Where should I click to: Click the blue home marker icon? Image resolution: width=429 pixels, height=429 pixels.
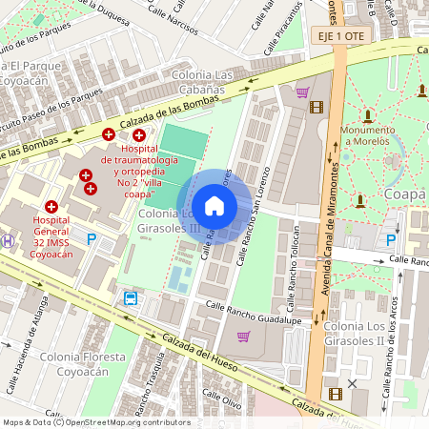[214, 206]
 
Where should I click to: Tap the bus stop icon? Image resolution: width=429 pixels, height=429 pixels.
[130, 297]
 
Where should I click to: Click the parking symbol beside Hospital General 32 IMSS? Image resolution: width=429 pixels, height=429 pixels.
[92, 240]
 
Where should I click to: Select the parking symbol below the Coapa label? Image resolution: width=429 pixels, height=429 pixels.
[390, 240]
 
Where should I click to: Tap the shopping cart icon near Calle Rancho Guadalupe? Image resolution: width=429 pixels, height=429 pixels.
[244, 336]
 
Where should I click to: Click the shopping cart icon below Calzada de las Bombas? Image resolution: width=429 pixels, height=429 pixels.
[302, 92]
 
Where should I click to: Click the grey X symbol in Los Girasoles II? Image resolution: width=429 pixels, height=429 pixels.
[353, 383]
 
